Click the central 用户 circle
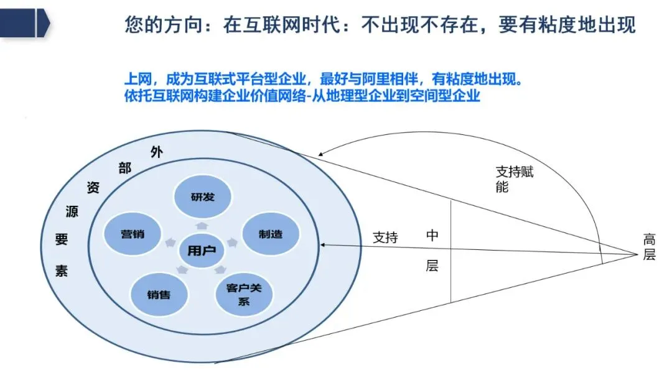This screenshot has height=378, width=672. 202,250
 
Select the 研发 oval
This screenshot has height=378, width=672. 202,197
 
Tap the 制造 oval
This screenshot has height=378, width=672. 270,234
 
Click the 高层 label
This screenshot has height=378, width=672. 649,246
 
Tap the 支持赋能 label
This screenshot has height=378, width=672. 514,179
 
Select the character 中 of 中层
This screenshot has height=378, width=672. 432,236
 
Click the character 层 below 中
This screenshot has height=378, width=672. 432,265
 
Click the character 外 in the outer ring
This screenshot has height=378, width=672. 156,152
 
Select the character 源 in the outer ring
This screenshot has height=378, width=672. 72,211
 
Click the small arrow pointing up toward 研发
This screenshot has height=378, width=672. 202,226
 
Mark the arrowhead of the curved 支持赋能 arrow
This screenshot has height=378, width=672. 320,155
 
